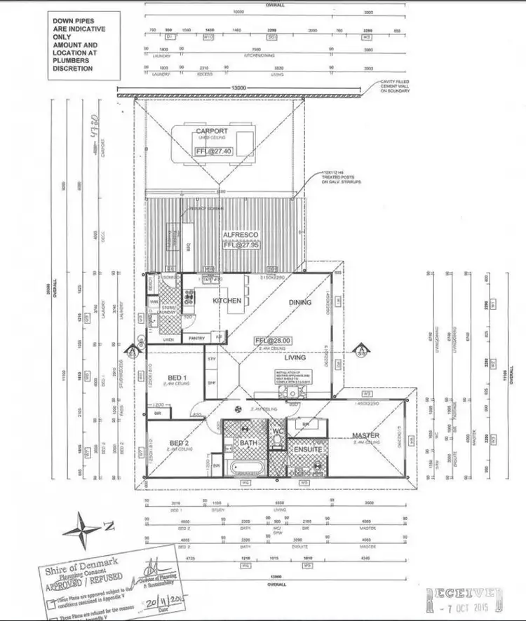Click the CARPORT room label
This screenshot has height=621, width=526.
pos(211,131)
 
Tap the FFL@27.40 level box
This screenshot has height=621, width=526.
pos(212,151)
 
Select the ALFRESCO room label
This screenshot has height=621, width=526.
pos(241,235)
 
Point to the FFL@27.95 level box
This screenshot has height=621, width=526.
pos(241,246)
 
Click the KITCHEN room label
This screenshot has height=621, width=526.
pos(227,301)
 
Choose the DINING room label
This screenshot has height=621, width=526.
pos(299,303)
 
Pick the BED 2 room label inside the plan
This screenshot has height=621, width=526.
pos(179,443)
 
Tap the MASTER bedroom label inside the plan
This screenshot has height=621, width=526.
pos(365,436)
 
